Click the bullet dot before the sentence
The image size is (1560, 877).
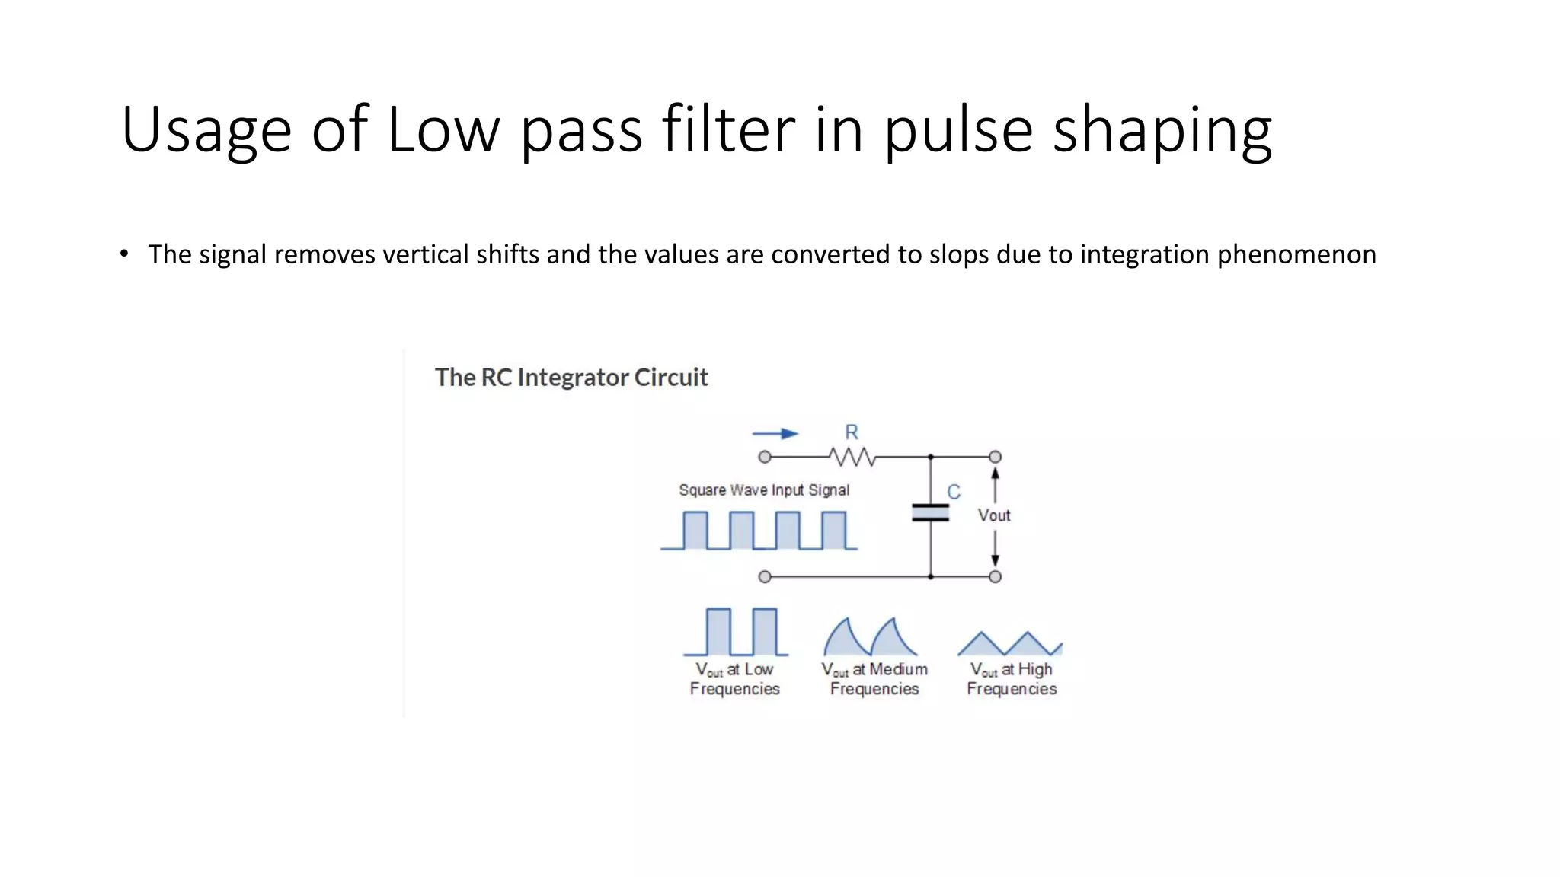[x=124, y=254]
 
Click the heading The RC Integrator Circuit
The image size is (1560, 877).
[x=571, y=378]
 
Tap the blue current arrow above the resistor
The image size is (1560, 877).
[x=775, y=434]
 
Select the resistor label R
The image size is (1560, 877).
[x=852, y=432]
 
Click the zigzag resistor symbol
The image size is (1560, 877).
[x=852, y=457]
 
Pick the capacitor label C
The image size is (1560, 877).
[x=954, y=493]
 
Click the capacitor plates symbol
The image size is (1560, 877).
[x=930, y=512]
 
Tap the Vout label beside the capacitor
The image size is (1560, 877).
[x=994, y=515]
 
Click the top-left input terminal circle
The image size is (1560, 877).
[x=765, y=457]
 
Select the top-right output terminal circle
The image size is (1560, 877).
[x=995, y=457]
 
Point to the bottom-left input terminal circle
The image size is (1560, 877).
[x=765, y=577]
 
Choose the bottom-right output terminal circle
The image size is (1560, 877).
[x=995, y=577]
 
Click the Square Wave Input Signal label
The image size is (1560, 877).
[x=764, y=490]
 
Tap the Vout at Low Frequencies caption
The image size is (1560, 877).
[x=735, y=679]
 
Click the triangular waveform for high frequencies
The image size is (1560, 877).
[x=1009, y=644]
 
